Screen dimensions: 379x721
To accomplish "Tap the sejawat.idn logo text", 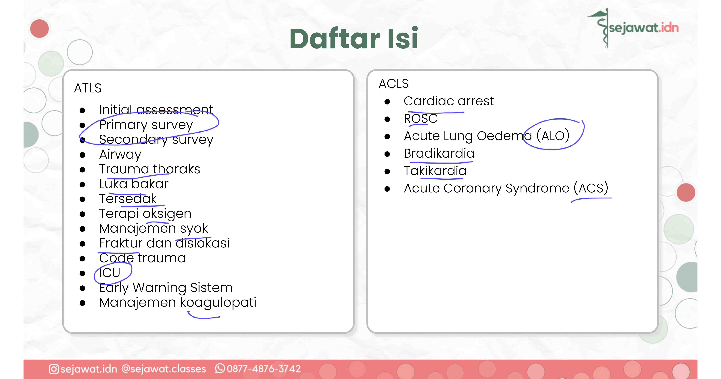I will (x=644, y=28).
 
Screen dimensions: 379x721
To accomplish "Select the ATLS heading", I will (x=88, y=88).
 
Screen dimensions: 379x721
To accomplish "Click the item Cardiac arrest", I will (x=449, y=101).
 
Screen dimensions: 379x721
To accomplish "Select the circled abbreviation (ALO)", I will (x=553, y=136).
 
